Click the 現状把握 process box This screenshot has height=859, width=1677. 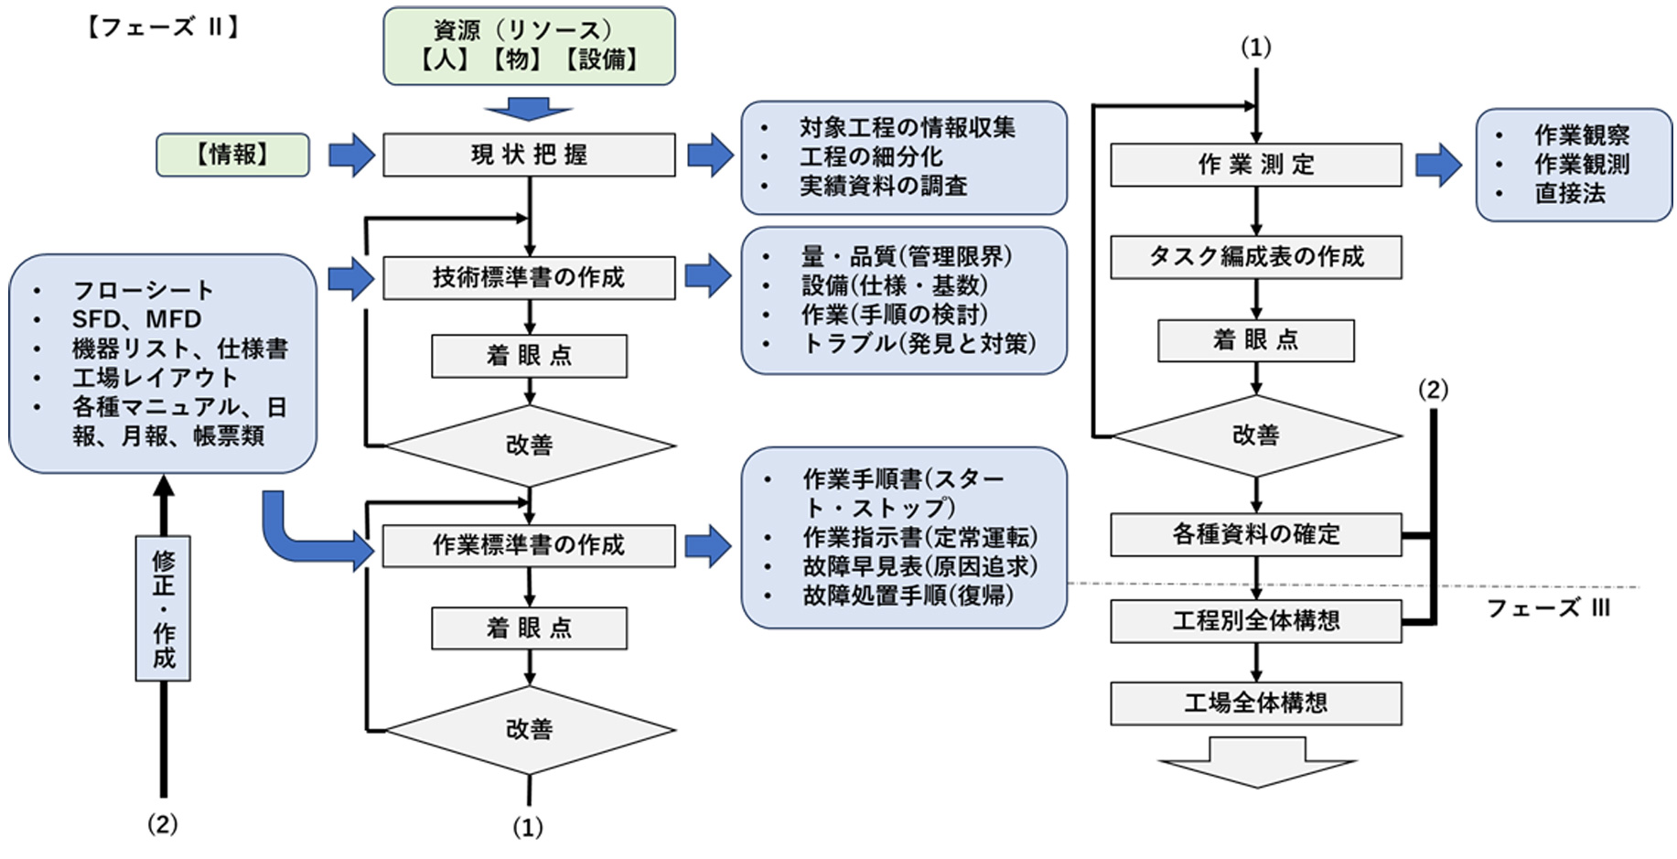[x=529, y=155]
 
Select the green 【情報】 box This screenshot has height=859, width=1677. [x=232, y=155]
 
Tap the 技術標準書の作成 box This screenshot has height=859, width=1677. [x=529, y=277]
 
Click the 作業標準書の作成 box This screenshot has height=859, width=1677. [x=529, y=545]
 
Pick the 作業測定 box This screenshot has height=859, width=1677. [x=1255, y=165]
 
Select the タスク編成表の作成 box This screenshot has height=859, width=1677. [x=1255, y=257]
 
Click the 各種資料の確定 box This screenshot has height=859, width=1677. [x=1255, y=534]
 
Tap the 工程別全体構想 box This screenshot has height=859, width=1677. [x=1255, y=621]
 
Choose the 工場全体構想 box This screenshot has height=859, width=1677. [x=1255, y=703]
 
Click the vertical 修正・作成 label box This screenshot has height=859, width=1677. [x=163, y=608]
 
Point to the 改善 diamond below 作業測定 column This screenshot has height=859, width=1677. [x=1255, y=435]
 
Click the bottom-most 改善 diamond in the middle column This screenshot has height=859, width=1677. [x=529, y=730]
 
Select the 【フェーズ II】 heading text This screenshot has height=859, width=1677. [x=164, y=27]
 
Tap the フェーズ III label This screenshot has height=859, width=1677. [x=1547, y=608]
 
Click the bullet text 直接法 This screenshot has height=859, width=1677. [x=1569, y=194]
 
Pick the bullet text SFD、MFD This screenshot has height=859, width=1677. [x=136, y=319]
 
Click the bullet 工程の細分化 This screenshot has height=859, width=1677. [x=870, y=156]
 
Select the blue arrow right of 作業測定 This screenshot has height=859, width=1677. [x=1438, y=165]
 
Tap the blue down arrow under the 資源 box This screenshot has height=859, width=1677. [x=529, y=109]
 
